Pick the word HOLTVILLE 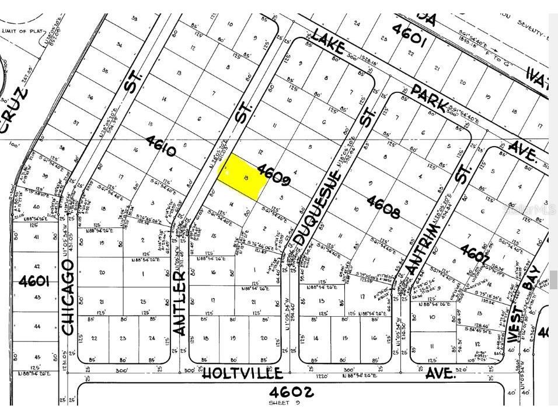pyautogui.click(x=242, y=373)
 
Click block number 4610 pyautogui.click(x=162, y=146)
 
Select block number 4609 pyautogui.click(x=273, y=174)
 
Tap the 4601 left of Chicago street pyautogui.click(x=34, y=282)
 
